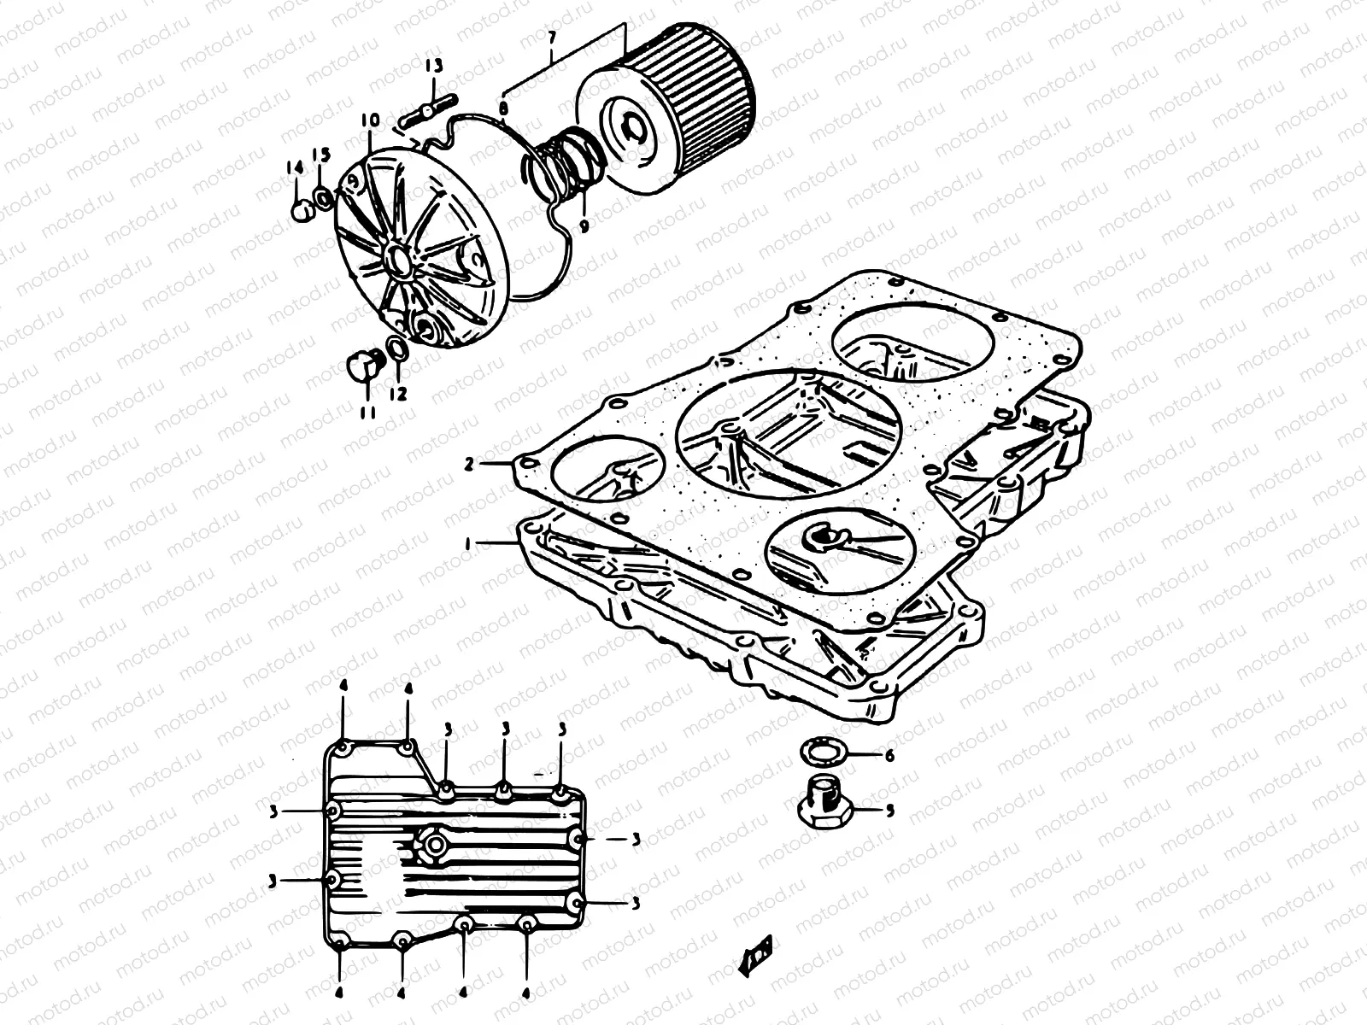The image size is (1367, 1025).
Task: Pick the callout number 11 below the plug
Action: [x=367, y=413]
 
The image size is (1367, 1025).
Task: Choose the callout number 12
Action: [x=398, y=394]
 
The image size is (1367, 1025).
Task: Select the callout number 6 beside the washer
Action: [x=889, y=756]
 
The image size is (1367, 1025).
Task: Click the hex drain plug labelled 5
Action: [x=823, y=804]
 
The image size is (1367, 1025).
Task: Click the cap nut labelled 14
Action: [x=299, y=210]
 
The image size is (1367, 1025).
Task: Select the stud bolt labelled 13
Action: [x=425, y=113]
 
